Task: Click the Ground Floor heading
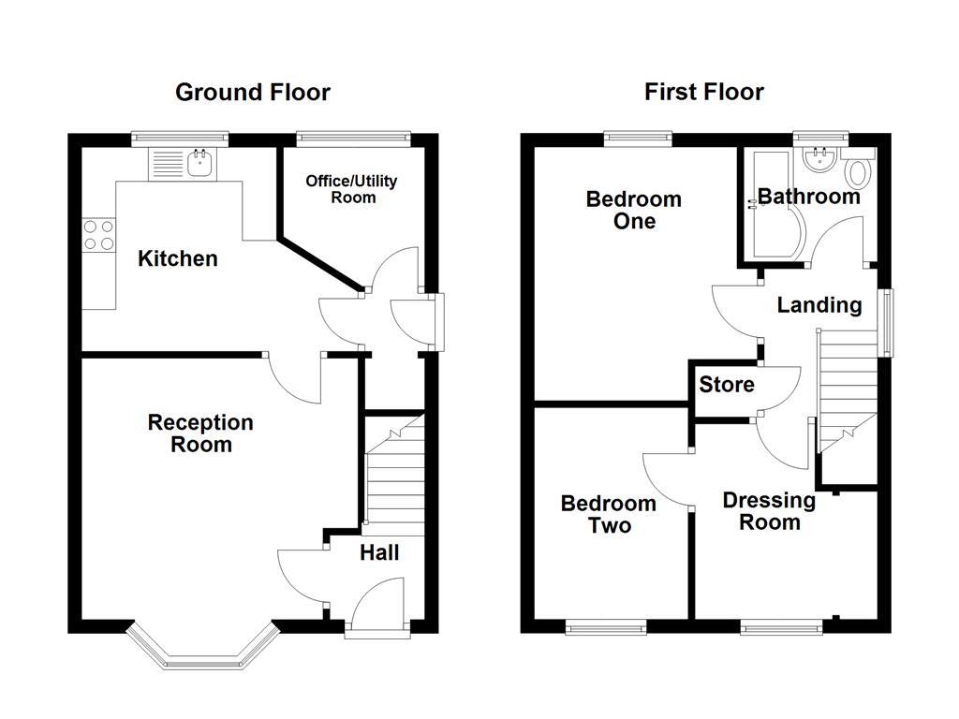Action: coord(253,92)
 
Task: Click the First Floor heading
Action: coord(703,92)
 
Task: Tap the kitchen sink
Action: coord(200,164)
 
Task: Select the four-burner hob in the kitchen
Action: coord(98,234)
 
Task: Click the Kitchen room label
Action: coord(178,258)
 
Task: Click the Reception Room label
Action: coord(200,433)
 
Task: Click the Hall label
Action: coord(379,553)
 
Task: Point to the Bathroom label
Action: coord(808,197)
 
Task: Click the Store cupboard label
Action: coord(727,385)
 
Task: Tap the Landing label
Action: coord(819,305)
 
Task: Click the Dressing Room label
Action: coord(769,511)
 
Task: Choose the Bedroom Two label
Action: coord(609,514)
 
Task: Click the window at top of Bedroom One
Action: coord(639,139)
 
